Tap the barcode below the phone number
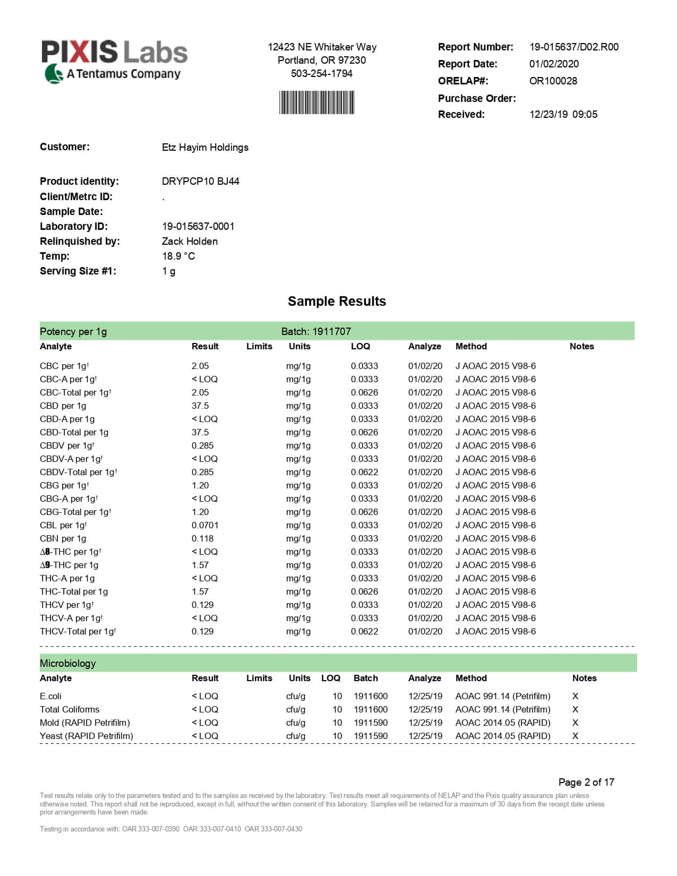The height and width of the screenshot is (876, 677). pos(316,102)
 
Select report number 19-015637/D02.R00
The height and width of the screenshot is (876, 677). pos(573,47)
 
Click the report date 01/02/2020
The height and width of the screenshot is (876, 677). pos(554,64)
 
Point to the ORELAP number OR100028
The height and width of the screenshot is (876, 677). pos(553,81)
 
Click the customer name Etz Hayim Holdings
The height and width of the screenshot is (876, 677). pos(205,147)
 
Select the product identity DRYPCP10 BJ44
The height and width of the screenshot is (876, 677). pos(200,181)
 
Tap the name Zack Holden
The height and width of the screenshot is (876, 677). pos(190,241)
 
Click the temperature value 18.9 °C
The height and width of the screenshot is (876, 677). pos(178,256)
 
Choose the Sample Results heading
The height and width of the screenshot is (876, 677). pos(337,301)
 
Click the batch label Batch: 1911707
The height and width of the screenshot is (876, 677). pos(316,331)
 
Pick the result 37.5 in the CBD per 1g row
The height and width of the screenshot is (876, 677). pos(200,406)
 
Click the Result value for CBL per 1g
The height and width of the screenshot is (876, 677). pos(205,525)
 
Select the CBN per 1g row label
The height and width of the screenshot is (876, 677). pos(63,538)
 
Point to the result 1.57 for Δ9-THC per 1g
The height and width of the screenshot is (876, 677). pos(200,565)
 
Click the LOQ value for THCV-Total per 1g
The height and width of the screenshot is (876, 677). pos(364,631)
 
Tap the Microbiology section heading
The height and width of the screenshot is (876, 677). pos(67,663)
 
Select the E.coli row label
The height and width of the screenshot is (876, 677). pos(50,696)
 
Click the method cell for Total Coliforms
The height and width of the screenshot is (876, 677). pos(502,709)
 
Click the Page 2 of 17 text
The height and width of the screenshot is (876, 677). pos(586,782)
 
